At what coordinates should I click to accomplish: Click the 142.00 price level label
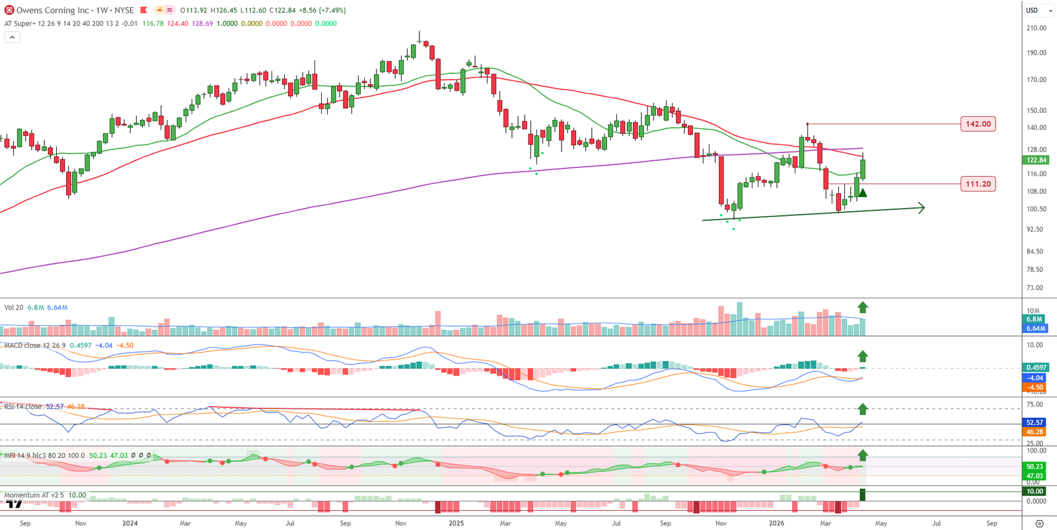pos(978,124)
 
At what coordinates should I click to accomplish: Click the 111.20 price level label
pos(978,184)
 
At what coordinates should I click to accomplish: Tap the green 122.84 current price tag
pos(1035,160)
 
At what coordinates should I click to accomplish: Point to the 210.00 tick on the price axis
pos(1036,28)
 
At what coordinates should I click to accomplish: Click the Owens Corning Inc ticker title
pos(53,11)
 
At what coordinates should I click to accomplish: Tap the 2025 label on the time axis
pos(456,523)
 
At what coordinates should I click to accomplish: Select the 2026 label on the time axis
pos(776,523)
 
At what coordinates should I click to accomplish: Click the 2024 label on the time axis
pos(130,523)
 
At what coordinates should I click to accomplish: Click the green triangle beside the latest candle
pos(862,193)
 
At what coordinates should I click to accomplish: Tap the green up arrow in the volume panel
pos(862,307)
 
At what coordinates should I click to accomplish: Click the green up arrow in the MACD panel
pos(862,356)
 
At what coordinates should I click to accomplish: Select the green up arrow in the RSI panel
pos(862,409)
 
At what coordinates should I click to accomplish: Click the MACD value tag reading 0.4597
pos(1035,368)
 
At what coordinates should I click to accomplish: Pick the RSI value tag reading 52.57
pos(1035,422)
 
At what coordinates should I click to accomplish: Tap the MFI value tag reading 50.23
pos(1035,467)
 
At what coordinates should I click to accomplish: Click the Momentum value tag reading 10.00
pos(1035,491)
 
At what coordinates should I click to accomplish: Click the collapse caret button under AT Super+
pos(12,38)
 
